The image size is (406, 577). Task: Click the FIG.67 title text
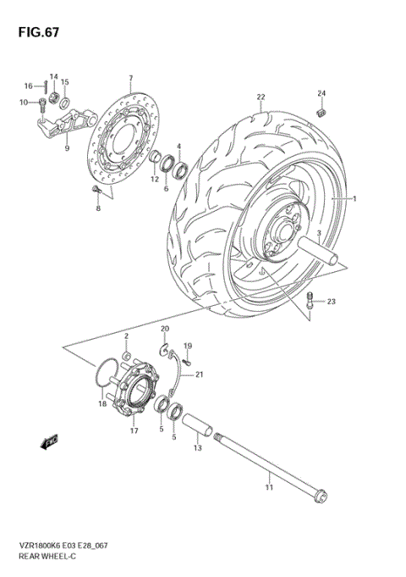(x=32, y=31)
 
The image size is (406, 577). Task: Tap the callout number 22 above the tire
(x=261, y=97)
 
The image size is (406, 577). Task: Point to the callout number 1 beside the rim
(x=355, y=199)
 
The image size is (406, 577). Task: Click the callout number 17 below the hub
(x=134, y=430)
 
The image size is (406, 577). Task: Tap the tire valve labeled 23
(x=310, y=300)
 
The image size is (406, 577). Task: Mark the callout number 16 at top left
(x=28, y=86)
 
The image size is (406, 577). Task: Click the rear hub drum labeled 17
(x=134, y=391)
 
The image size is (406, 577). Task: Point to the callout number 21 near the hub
(x=200, y=374)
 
